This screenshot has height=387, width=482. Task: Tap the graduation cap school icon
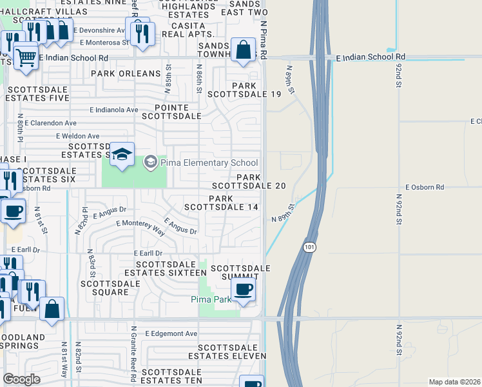pyautogui.click(x=121, y=155)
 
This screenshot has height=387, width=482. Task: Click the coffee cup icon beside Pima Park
pyautogui.click(x=243, y=290)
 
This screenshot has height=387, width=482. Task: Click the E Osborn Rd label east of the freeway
pyautogui.click(x=425, y=187)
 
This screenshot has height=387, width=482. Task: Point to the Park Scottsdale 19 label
pyautogui.click(x=248, y=90)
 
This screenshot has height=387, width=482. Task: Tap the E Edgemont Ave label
pyautogui.click(x=171, y=333)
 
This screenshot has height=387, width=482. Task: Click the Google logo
pyautogui.click(x=21, y=379)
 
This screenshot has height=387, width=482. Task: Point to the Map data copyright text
pyautogui.click(x=455, y=382)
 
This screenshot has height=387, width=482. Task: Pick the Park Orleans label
pyautogui.click(x=125, y=74)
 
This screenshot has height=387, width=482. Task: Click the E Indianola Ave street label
pyautogui.click(x=114, y=110)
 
